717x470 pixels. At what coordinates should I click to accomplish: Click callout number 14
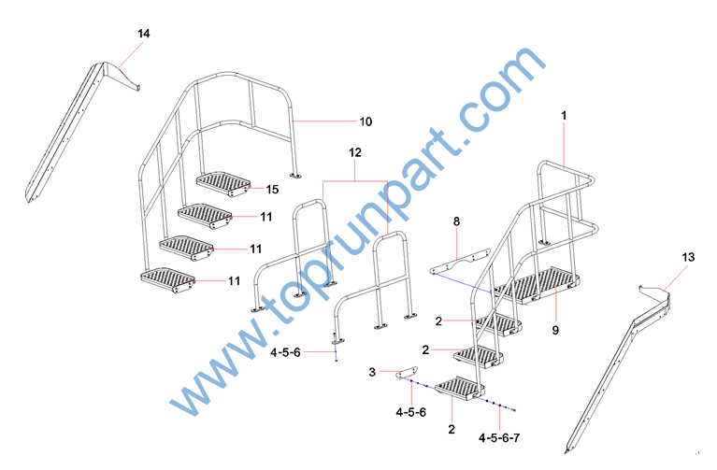(x=144, y=34)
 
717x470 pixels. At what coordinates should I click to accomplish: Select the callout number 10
(x=366, y=121)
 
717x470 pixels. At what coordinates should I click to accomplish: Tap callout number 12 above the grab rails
(x=355, y=152)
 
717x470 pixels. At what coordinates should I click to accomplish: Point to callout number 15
(x=272, y=190)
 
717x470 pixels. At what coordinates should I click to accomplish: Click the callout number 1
(x=564, y=116)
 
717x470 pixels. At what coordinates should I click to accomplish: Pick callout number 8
(x=456, y=221)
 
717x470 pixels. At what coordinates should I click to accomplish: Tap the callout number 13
(x=688, y=257)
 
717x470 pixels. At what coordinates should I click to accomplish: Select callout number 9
(x=555, y=330)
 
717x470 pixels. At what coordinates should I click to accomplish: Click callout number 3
(x=372, y=372)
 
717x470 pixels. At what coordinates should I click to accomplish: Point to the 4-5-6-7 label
(x=499, y=438)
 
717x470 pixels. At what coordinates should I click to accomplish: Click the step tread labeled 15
(x=223, y=184)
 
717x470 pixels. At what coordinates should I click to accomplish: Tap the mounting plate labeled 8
(x=459, y=262)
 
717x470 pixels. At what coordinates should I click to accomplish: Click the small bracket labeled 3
(x=407, y=372)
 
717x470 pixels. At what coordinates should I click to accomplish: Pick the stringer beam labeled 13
(x=618, y=366)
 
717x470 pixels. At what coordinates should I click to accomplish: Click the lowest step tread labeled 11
(x=168, y=279)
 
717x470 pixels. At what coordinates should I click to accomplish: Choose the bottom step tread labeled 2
(x=459, y=389)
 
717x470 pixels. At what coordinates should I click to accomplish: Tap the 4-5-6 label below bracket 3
(x=411, y=412)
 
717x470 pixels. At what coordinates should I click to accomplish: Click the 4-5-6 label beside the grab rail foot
(x=285, y=352)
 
